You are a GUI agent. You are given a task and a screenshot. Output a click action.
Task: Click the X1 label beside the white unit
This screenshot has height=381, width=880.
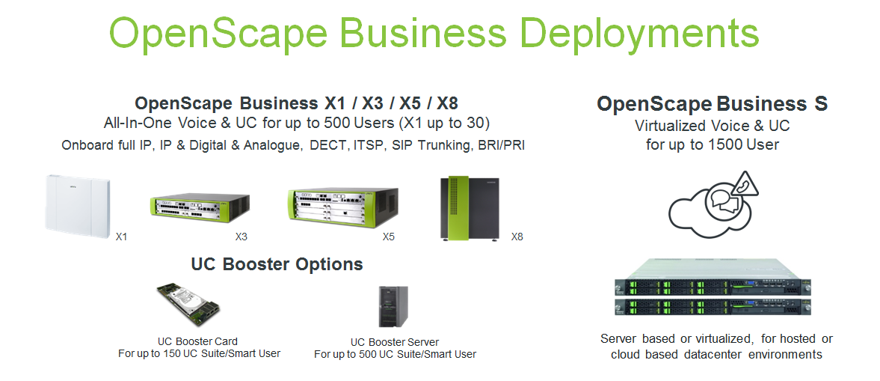pos(121,237)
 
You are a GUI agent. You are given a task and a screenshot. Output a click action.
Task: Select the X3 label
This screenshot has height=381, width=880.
pos(241,237)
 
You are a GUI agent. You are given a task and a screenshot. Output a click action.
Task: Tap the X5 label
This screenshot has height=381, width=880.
pos(388,237)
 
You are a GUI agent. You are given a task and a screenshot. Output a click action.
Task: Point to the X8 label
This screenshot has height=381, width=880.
pos(517,237)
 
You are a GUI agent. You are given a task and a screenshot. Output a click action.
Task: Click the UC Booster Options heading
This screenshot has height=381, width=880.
pos(277,264)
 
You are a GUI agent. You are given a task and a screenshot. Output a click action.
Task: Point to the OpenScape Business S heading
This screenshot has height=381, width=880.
pos(712,104)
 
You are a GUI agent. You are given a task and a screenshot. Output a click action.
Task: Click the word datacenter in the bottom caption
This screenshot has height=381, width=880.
pos(730,354)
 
